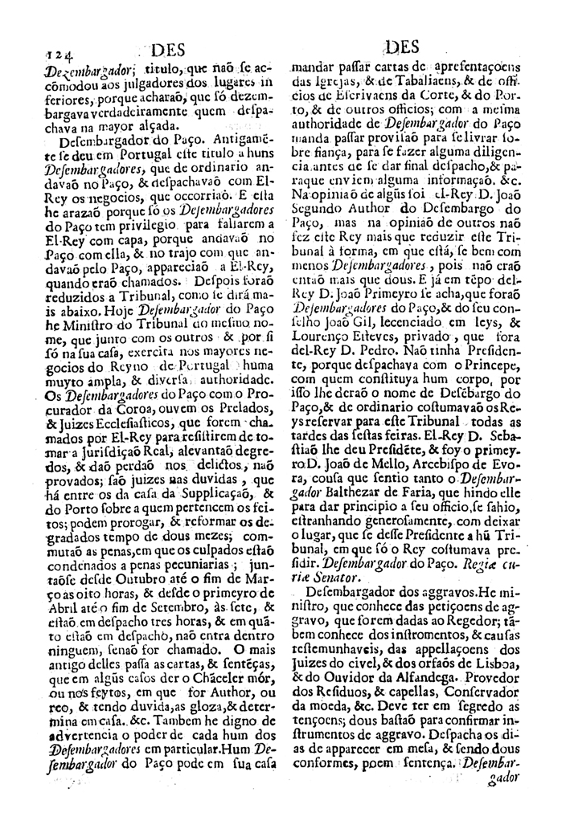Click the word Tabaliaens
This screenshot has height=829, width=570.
tap(416, 81)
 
